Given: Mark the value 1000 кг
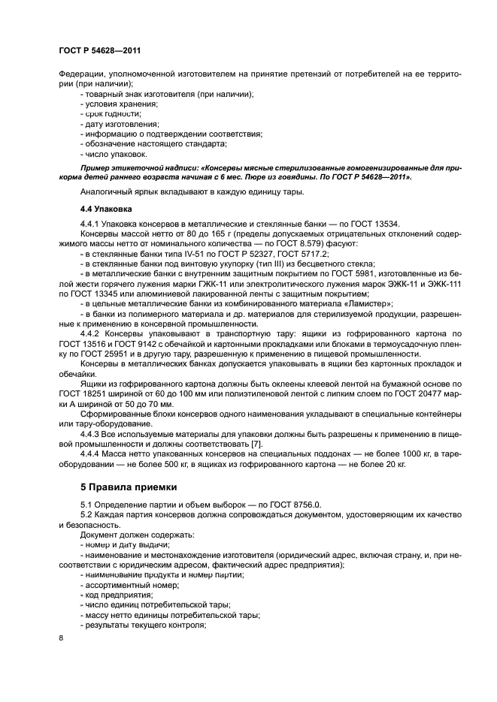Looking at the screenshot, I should click(x=407, y=455).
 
